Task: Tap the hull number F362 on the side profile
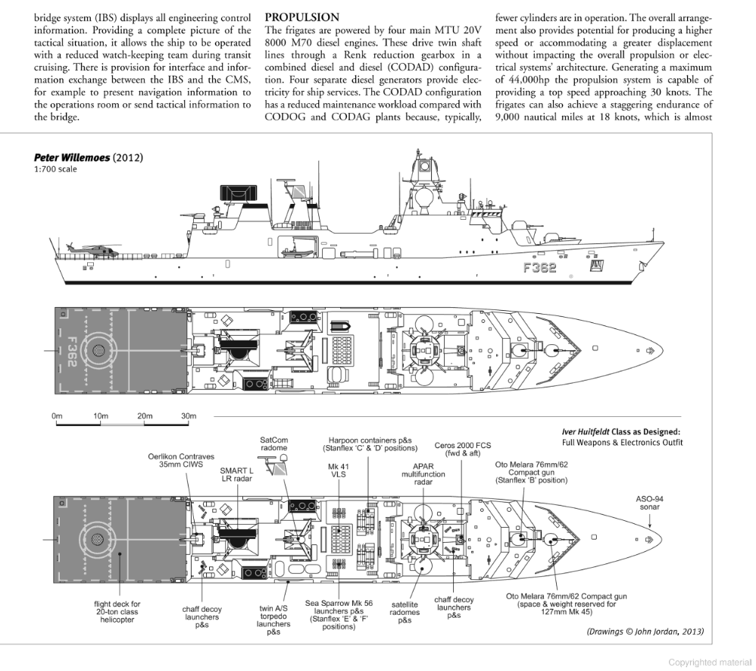coord(539,267)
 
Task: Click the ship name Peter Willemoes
coord(71,158)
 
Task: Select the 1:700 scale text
coord(55,169)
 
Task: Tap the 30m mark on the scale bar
coord(188,416)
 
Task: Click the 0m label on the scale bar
coord(57,416)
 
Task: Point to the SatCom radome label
coord(273,444)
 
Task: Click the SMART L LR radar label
coord(236,475)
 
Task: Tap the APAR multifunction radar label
coord(423,473)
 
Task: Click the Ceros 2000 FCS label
coord(462,449)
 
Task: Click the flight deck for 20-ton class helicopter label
coord(117,612)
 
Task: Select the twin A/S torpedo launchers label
coord(273,619)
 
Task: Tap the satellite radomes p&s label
coord(405,612)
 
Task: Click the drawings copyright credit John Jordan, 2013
coord(645,631)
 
